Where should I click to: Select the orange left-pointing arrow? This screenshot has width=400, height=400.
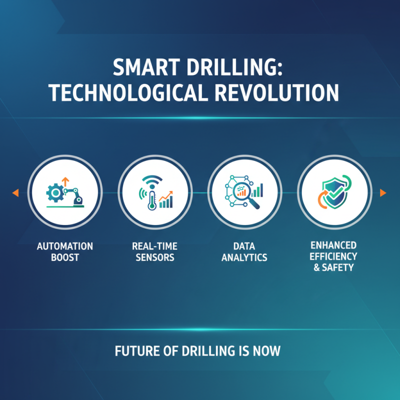click(x=15, y=192)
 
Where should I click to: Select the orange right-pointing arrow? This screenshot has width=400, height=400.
click(x=383, y=192)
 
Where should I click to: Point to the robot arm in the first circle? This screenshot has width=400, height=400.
click(x=74, y=193)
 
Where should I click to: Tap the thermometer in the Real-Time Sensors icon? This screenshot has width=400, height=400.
click(x=149, y=199)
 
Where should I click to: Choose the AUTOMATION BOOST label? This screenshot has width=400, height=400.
click(x=65, y=252)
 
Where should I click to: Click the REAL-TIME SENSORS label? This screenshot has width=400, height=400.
click(x=154, y=252)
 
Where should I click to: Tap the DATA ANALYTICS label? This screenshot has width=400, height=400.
click(x=243, y=252)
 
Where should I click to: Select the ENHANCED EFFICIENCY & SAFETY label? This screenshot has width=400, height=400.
click(x=333, y=256)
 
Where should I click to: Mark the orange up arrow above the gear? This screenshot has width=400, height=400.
click(x=64, y=180)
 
